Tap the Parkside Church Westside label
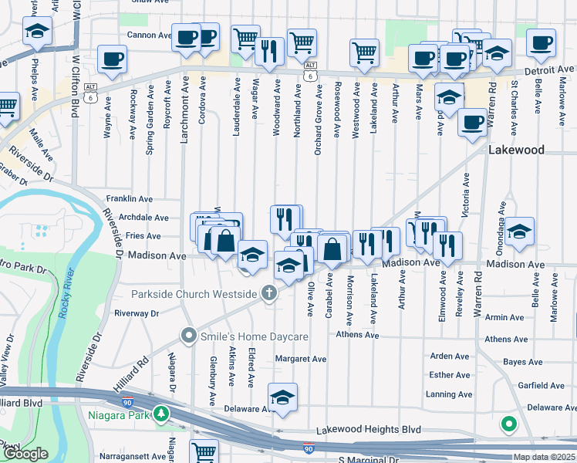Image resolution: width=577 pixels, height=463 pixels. coord(193,294)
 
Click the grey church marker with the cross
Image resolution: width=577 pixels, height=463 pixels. coord(268,292)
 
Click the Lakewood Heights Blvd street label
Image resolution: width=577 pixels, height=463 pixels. coord(368,429)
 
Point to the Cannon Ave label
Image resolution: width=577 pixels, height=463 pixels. coord(149,35)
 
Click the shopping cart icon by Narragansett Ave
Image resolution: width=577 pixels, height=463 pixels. coord(204,451)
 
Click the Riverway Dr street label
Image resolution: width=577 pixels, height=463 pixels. coord(136,313)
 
